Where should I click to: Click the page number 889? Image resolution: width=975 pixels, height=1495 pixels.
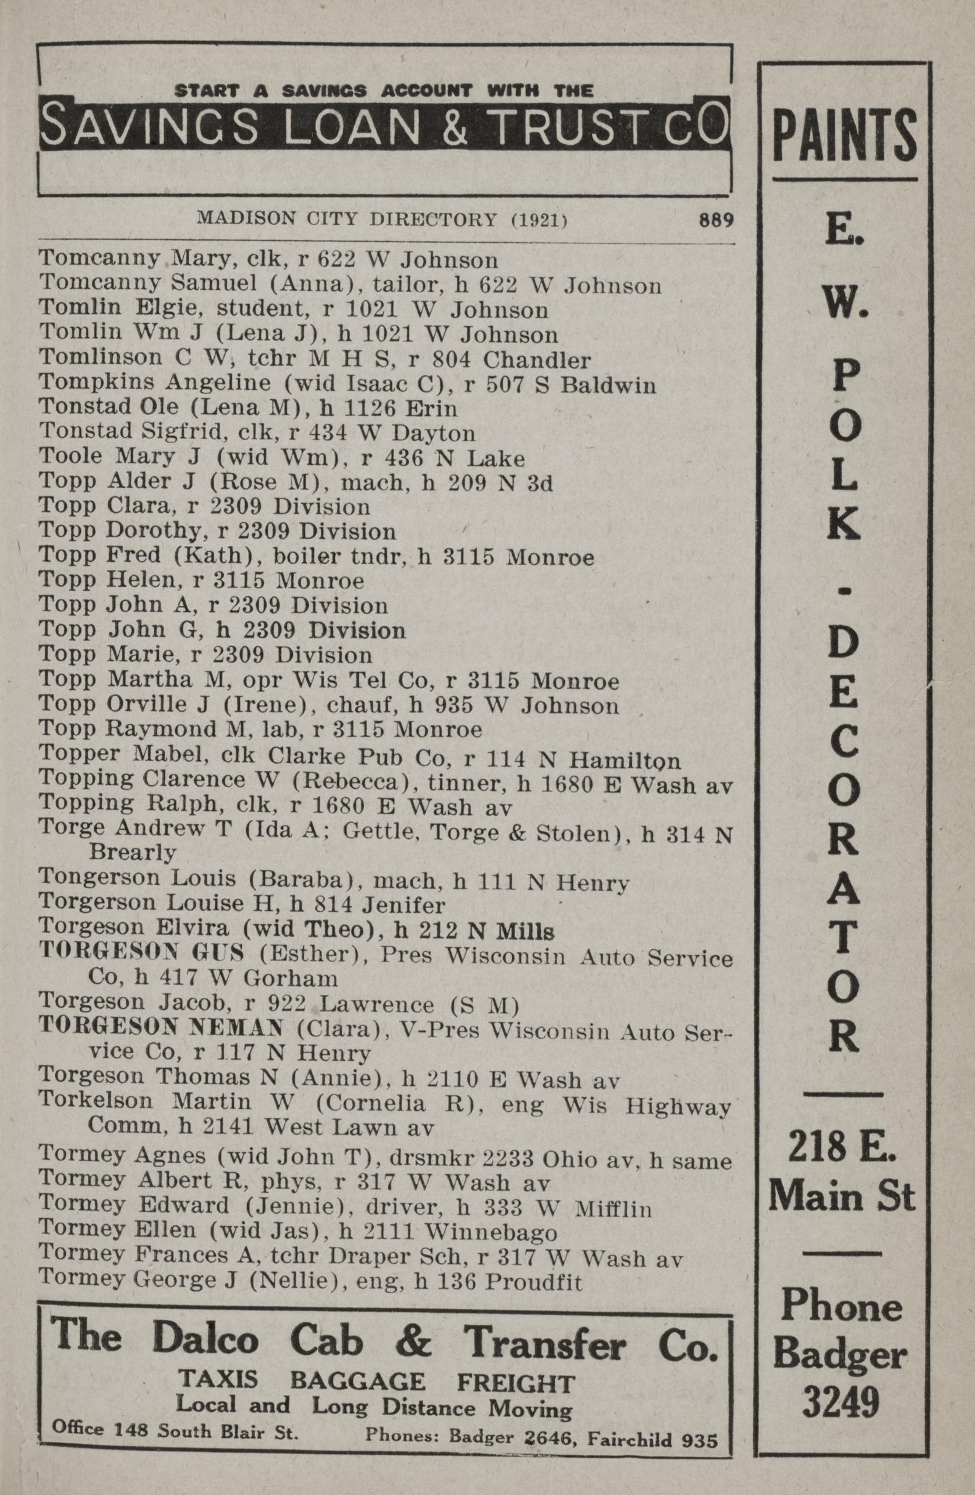(x=716, y=221)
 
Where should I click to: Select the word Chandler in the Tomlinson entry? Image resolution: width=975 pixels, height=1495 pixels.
(x=537, y=360)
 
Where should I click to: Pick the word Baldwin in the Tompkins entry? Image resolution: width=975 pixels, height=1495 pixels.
(x=608, y=384)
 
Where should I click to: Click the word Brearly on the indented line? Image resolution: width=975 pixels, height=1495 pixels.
(x=133, y=852)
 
